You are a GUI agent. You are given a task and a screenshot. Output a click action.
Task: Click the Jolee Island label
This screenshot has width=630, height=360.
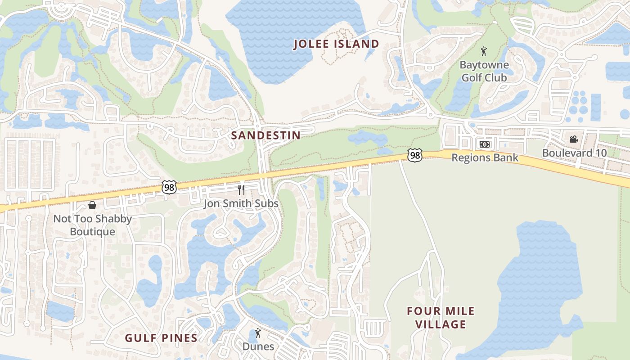(336, 44)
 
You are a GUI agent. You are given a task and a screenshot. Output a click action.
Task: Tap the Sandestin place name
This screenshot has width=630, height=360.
(265, 135)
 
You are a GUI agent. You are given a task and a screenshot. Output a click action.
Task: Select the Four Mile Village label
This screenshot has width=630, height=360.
(441, 318)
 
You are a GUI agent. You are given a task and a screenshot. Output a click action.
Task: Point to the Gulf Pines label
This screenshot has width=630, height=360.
(161, 338)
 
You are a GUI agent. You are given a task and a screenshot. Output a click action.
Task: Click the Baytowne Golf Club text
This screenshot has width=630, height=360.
(484, 71)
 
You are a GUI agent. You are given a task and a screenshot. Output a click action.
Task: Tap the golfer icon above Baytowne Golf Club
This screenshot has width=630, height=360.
(484, 51)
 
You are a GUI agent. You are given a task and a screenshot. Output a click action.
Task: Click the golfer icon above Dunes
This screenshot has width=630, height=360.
(258, 333)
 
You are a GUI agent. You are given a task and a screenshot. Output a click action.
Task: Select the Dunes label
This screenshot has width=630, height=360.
(258, 346)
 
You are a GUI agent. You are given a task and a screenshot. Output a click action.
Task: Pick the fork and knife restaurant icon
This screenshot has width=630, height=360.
(241, 190)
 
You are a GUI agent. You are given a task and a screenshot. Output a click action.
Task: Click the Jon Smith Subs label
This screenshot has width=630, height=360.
(241, 203)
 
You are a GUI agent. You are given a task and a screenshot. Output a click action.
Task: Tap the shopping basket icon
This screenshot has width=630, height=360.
(92, 205)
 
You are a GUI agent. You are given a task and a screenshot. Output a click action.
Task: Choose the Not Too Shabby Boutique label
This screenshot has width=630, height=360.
(92, 225)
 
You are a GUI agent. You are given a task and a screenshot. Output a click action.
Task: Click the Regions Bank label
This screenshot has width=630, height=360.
(485, 158)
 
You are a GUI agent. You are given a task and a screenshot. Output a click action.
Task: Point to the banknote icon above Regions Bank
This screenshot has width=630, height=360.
(485, 144)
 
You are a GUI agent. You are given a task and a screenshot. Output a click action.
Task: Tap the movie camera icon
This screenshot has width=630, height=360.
(574, 139)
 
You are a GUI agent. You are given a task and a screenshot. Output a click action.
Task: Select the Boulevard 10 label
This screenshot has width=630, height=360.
(574, 153)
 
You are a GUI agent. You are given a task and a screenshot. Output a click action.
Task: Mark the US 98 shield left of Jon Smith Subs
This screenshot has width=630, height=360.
(169, 187)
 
